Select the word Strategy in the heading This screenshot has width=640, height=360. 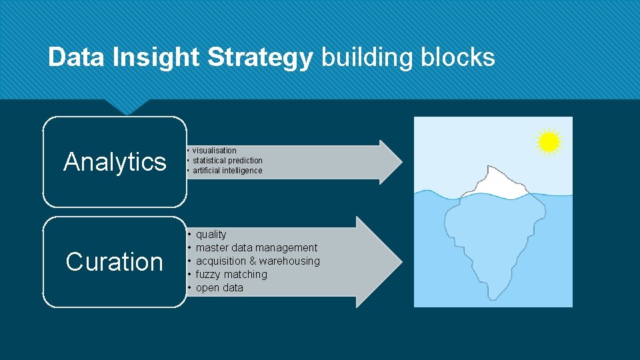(260, 58)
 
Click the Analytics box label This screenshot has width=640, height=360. (115, 161)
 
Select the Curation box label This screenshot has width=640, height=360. (115, 262)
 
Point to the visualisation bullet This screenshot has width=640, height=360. (214, 151)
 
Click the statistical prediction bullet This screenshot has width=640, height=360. (227, 161)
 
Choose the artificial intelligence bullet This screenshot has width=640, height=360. (227, 171)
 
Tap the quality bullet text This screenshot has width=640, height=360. (211, 235)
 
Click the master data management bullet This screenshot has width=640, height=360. (256, 248)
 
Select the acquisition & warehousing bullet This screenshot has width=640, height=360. (257, 261)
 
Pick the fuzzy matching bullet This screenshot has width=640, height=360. (231, 275)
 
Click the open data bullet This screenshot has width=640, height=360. (219, 288)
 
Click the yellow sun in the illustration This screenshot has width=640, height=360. (548, 142)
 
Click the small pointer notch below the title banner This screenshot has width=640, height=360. (126, 107)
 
